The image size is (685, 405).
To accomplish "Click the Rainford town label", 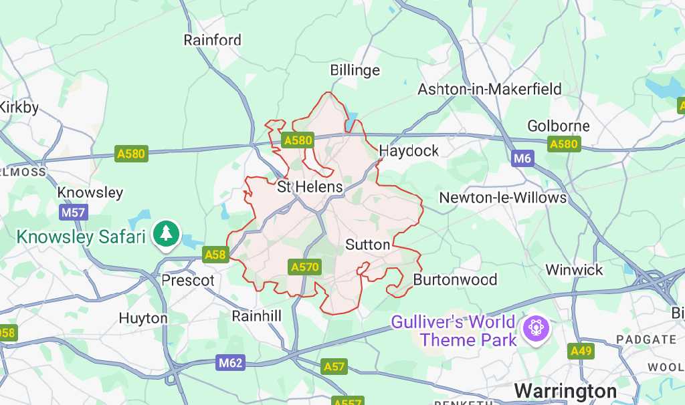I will pos(212,40).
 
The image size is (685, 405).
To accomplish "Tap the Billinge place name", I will pos(355,70).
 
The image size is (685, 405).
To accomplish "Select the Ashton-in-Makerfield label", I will pos(490,89).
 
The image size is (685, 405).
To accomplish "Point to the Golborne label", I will pos(559,126).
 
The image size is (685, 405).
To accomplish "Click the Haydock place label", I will pos(409,150).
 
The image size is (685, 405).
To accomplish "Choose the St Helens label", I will pos(310,187).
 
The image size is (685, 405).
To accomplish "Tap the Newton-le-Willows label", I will pos(502,198).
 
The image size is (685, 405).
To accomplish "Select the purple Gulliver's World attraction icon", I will pos(536,327).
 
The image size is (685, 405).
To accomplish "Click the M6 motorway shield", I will pos(522,158).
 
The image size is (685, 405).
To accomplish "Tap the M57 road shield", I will pos(74,213).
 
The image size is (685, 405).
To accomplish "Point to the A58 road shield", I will pos(215,255).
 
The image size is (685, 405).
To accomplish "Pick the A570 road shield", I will pos(304,267).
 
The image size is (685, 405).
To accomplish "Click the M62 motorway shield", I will pos(231,363).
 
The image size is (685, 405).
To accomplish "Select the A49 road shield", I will pos(581,351).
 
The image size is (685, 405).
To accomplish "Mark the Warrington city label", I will pos(565,390).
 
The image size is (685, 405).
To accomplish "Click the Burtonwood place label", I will pos(455,279).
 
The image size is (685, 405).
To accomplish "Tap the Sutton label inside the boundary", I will pos(367,245).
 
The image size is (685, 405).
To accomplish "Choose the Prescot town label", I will pos(188,280).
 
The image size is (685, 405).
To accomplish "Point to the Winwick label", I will pos(574,270).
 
